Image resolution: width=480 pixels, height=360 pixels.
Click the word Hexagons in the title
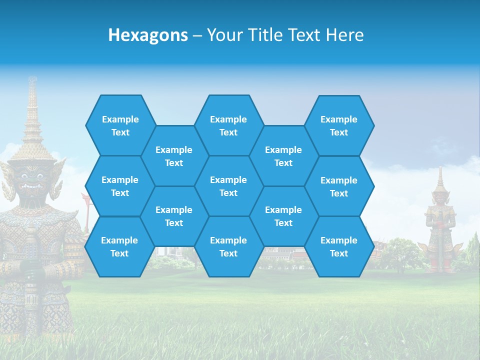click(148, 35)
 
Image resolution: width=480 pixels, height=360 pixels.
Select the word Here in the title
click(344, 35)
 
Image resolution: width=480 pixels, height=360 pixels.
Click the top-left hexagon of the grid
click(120, 125)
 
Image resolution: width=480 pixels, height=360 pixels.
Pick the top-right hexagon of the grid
click(339, 125)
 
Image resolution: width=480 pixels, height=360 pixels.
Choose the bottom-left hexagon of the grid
click(119, 246)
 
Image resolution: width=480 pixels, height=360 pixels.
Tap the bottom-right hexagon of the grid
click(339, 246)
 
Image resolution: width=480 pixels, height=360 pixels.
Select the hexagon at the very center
click(228, 186)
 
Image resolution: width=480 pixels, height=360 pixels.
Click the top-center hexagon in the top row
click(228, 125)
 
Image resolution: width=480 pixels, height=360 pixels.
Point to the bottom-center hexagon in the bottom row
click(228, 246)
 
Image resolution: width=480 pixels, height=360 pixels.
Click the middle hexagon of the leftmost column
click(120, 186)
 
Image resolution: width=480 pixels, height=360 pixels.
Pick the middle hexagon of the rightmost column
click(339, 186)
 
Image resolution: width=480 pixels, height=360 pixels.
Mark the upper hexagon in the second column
click(174, 156)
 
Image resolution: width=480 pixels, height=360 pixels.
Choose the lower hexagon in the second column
click(174, 216)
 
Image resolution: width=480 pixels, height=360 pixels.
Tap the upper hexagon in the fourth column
click(283, 156)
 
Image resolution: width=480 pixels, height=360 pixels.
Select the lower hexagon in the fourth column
click(283, 216)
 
